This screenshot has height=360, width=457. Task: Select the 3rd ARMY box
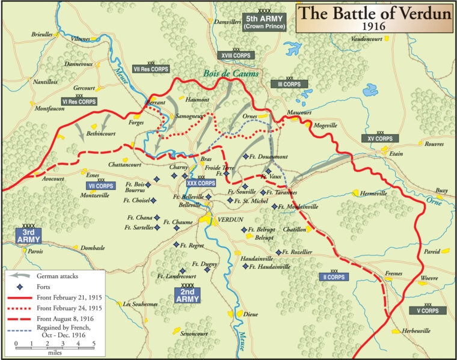[28, 236]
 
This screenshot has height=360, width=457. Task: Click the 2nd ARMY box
[188, 294]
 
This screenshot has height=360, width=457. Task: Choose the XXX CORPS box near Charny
[201, 183]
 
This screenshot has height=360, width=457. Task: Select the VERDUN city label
[228, 219]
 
